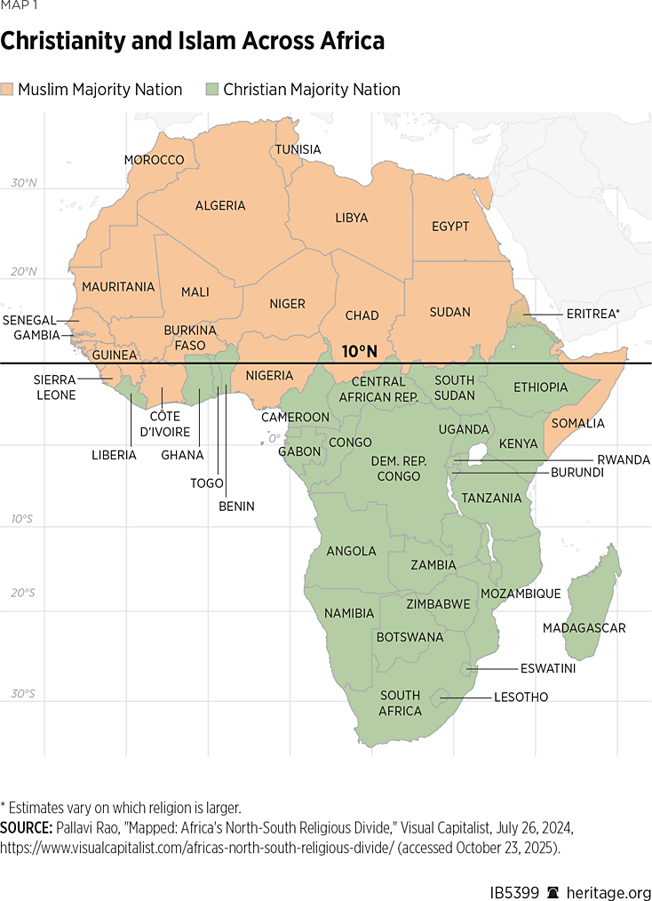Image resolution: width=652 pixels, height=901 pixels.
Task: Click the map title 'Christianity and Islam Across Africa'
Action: pyautogui.click(x=192, y=42)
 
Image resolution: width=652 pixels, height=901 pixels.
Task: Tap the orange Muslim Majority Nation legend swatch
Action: pyautogui.click(x=8, y=90)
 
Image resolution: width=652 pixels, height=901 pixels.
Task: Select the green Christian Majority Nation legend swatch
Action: pyautogui.click(x=212, y=90)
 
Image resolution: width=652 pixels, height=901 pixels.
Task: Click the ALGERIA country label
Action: pyautogui.click(x=220, y=205)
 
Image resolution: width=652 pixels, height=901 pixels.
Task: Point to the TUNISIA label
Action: pyautogui.click(x=298, y=149)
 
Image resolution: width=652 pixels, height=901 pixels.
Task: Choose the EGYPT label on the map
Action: pyautogui.click(x=450, y=227)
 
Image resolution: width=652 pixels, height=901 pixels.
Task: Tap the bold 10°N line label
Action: pyautogui.click(x=360, y=352)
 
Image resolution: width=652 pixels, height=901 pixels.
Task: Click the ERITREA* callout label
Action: pyautogui.click(x=592, y=314)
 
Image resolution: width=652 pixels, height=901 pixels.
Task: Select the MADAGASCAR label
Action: pyautogui.click(x=584, y=628)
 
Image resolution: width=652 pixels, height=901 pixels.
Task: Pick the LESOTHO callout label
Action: pyautogui.click(x=521, y=698)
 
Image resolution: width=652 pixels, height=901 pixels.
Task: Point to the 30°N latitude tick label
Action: pyautogui.click(x=24, y=183)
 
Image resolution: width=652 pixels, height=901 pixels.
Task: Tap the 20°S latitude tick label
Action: pyautogui.click(x=24, y=593)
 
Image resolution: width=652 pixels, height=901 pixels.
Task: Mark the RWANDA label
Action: pyautogui.click(x=623, y=459)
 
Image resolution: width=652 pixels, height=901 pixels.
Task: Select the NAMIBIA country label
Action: pyautogui.click(x=349, y=613)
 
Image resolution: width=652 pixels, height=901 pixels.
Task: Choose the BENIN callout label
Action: pyautogui.click(x=236, y=506)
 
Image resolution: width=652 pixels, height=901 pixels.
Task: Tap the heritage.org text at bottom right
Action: pyautogui.click(x=608, y=887)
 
